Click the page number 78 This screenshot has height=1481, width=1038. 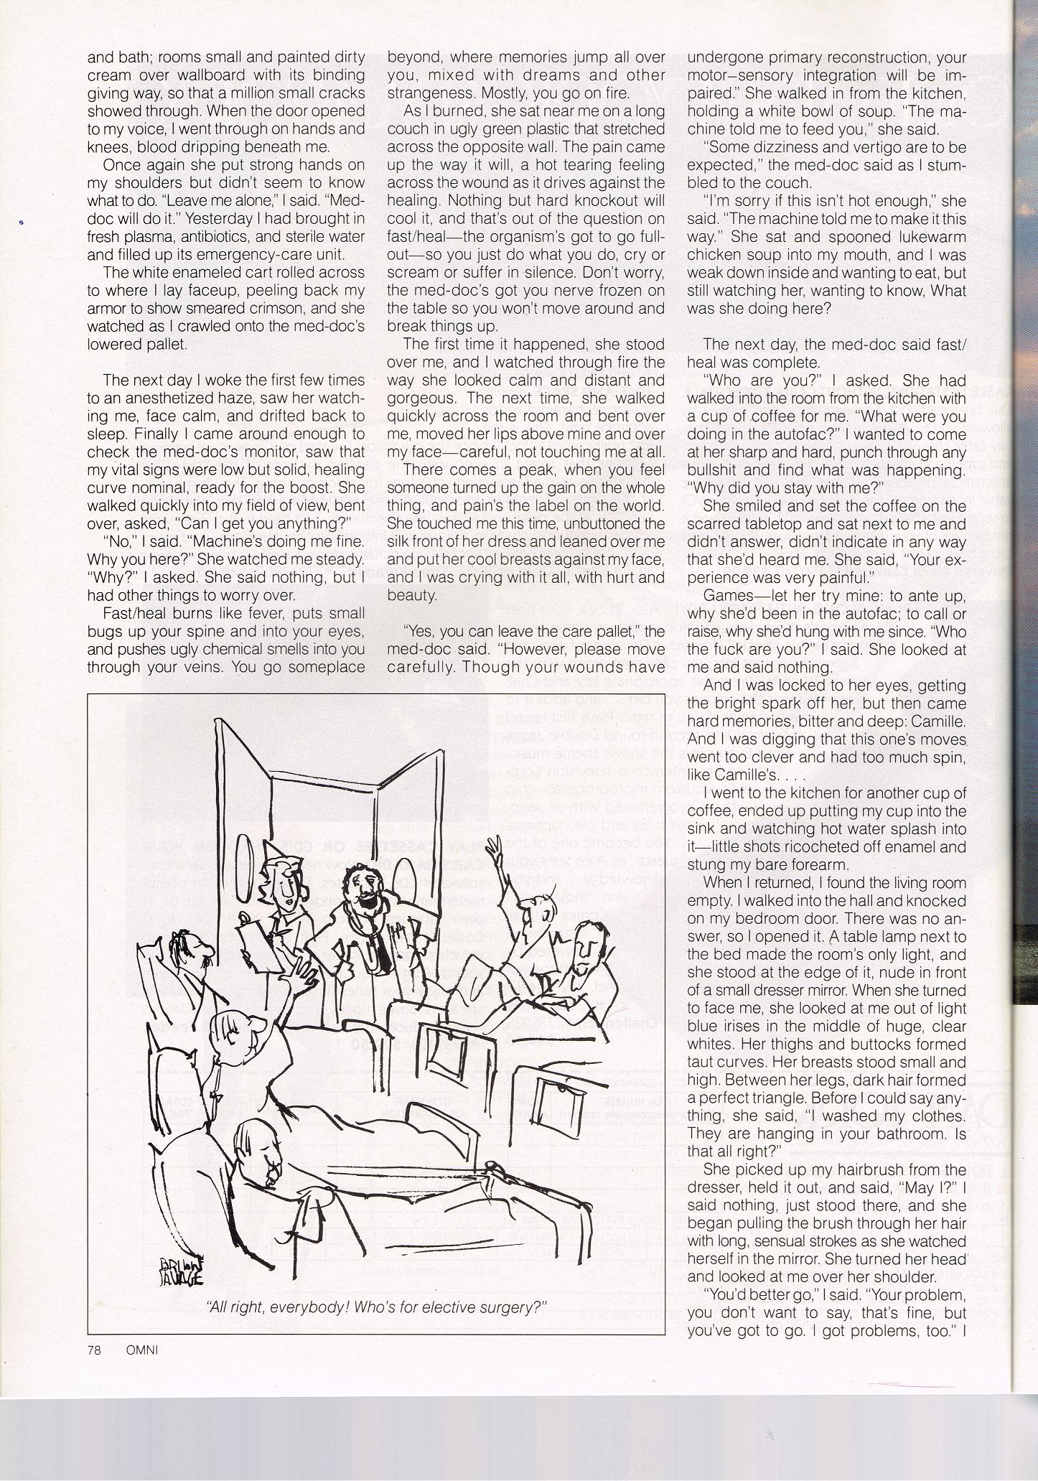coord(93,1349)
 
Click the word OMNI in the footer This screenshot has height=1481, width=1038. coord(140,1349)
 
